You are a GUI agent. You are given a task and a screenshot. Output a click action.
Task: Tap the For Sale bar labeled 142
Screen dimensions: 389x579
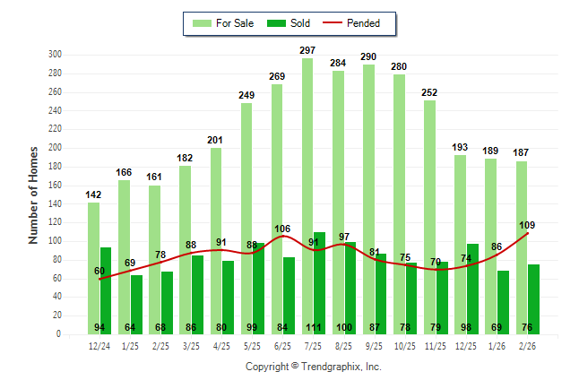pyautogui.click(x=94, y=269)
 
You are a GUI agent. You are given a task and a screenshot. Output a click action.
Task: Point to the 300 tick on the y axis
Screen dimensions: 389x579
pyautogui.click(x=55, y=55)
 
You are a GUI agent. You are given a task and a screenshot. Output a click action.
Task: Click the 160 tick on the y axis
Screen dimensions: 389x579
pyautogui.click(x=55, y=186)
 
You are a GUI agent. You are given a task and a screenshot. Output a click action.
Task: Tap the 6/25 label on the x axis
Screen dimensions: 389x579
pyautogui.click(x=282, y=346)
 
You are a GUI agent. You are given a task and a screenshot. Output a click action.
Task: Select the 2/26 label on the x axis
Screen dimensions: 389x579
pyautogui.click(x=527, y=346)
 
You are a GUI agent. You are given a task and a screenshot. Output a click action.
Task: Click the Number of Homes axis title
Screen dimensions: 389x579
pyautogui.click(x=34, y=194)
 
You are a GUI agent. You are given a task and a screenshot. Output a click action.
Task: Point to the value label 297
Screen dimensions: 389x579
pyautogui.click(x=307, y=50)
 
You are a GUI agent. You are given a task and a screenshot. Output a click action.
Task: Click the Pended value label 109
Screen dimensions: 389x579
pyautogui.click(x=527, y=225)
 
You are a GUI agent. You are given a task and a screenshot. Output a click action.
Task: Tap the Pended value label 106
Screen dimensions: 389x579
pyautogui.click(x=282, y=229)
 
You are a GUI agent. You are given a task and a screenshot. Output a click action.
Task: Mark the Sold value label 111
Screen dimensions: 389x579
pyautogui.click(x=320, y=328)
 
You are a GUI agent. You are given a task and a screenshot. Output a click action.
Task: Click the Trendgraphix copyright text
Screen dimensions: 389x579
pyautogui.click(x=313, y=367)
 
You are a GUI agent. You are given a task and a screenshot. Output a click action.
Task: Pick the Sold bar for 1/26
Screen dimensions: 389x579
pyautogui.click(x=503, y=300)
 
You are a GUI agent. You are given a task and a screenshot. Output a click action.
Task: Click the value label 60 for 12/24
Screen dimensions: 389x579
pyautogui.click(x=99, y=271)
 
